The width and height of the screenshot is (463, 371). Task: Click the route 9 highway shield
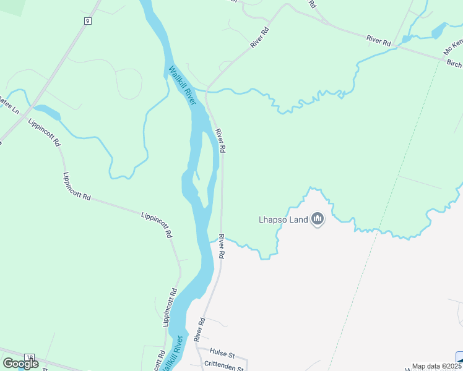tap(88, 21)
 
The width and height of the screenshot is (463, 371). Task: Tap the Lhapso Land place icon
tap(318, 219)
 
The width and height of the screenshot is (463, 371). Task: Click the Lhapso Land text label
tap(283, 220)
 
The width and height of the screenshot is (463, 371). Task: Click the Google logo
tap(20, 364)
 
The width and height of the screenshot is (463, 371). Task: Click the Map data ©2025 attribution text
tap(433, 366)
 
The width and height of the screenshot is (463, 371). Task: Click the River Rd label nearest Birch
tap(379, 40)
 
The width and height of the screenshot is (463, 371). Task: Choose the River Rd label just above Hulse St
tap(199, 330)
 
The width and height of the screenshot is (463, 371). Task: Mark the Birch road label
tap(454, 64)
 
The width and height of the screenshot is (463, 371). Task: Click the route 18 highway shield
tap(28, 358)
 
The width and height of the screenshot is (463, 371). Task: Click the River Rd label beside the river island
tap(220, 141)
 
